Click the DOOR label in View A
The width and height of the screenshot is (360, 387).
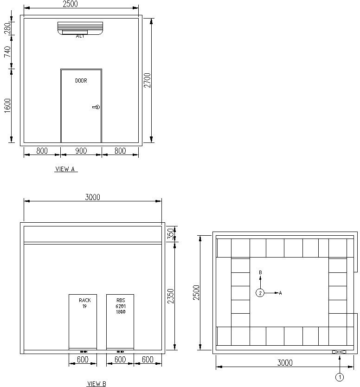(x=81, y=81)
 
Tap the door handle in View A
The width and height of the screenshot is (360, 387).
(x=96, y=107)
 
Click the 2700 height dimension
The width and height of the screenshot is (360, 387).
(x=147, y=80)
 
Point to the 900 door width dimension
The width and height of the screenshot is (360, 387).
(x=81, y=150)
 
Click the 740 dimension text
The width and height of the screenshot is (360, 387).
(x=7, y=52)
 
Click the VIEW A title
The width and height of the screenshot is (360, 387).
(x=65, y=169)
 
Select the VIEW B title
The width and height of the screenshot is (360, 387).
(x=96, y=384)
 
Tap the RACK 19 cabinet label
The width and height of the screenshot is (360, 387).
(x=85, y=303)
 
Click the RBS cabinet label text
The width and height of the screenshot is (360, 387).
(x=120, y=306)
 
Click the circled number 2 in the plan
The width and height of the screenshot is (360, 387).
(x=260, y=293)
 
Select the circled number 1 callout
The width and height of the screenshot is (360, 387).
(x=339, y=377)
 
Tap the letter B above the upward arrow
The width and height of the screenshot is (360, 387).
(x=260, y=272)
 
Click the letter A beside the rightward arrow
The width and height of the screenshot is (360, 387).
(x=280, y=293)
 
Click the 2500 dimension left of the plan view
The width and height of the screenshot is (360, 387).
(x=196, y=293)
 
